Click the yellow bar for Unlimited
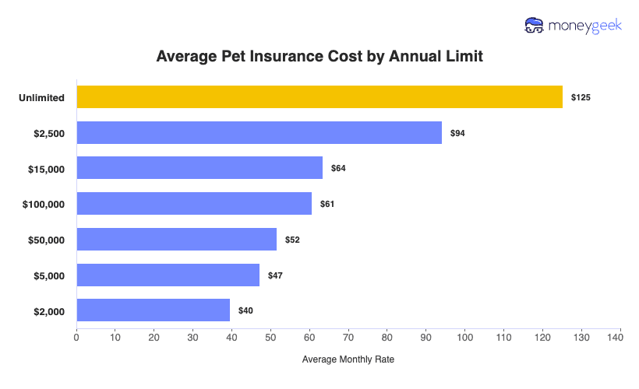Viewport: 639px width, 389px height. [319, 96]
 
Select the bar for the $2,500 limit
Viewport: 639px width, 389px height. [259, 132]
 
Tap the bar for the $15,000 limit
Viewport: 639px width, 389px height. [199, 168]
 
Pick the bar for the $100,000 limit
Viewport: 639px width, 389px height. [194, 204]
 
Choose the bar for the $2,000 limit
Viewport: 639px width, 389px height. [153, 310]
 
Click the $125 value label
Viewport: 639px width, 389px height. [581, 97]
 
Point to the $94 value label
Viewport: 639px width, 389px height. [457, 133]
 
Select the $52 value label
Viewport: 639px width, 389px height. [292, 240]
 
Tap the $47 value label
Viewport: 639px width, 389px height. [275, 275]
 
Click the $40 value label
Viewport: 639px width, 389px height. [245, 310]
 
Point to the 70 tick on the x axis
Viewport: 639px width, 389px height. [348, 338]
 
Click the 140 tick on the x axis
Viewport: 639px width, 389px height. [620, 338]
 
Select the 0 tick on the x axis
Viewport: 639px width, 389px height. [76, 338]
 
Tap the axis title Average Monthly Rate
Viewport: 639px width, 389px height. [348, 359]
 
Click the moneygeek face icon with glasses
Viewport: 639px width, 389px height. [535, 26]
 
